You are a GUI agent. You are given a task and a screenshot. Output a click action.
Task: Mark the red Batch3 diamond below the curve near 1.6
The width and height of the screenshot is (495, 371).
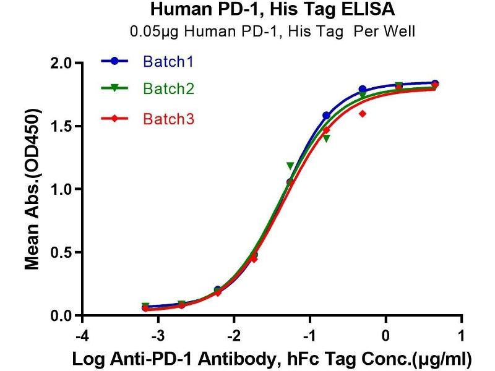click(x=362, y=113)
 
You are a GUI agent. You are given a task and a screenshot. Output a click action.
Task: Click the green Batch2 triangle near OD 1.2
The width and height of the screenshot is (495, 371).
click(x=290, y=166)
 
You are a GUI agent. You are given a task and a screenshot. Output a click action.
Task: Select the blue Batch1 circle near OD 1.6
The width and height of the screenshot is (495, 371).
click(x=326, y=116)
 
